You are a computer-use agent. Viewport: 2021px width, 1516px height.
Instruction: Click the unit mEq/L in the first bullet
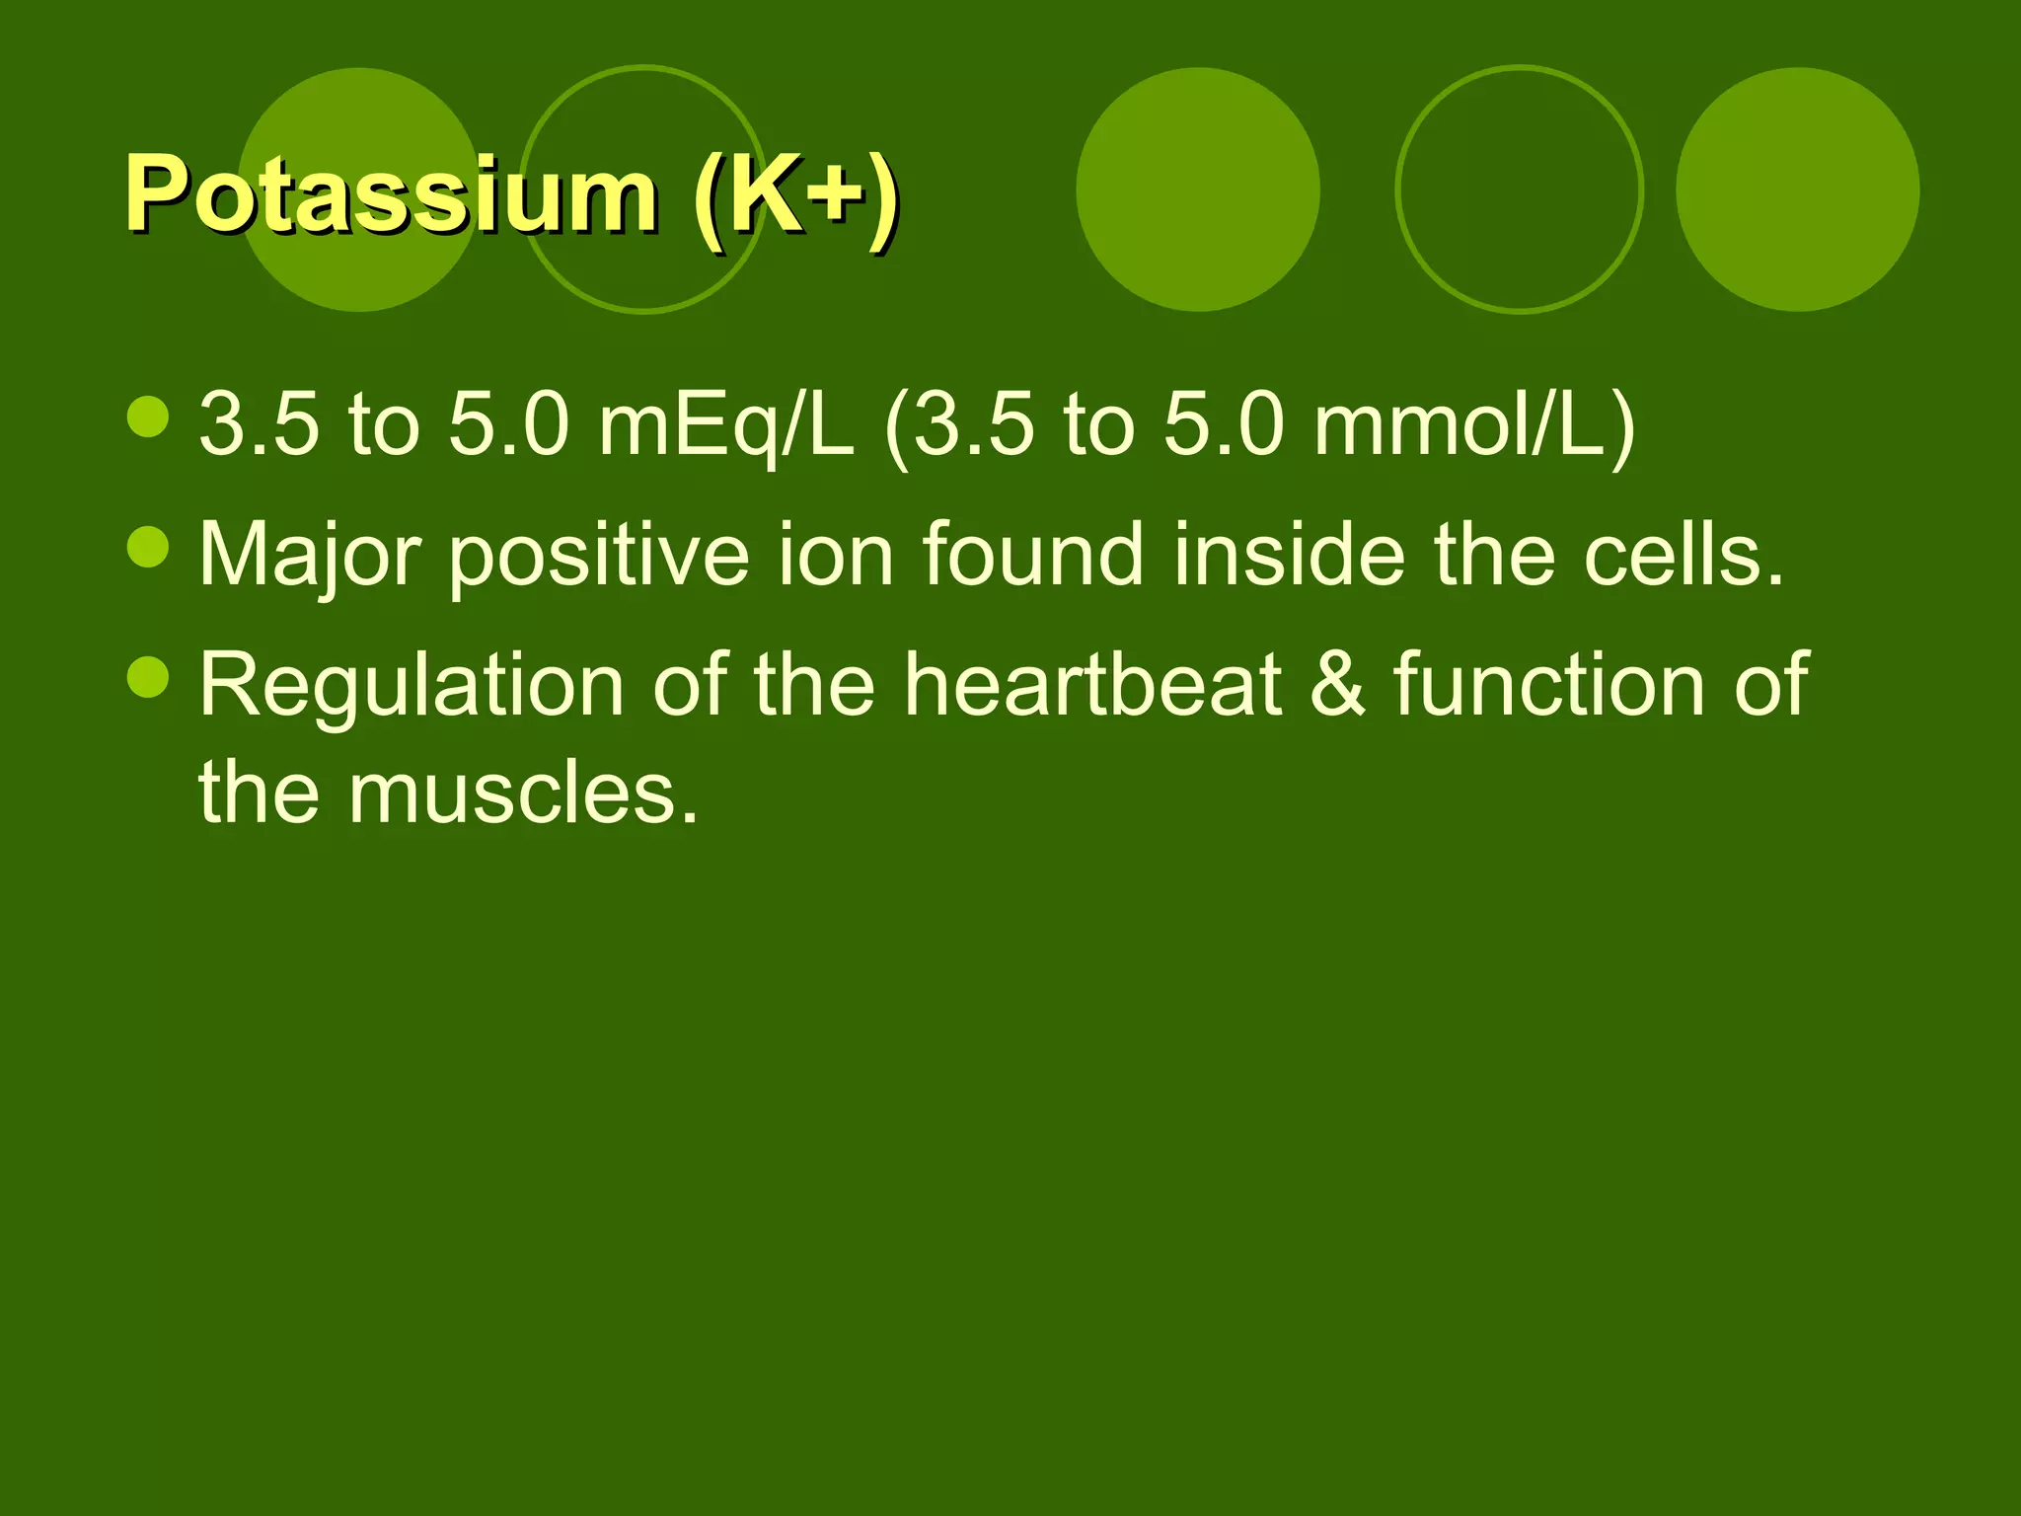725,426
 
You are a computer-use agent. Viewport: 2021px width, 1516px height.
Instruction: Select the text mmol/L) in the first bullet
1474,426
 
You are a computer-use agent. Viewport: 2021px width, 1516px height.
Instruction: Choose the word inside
1289,555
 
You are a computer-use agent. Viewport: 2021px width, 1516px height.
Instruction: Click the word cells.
1684,555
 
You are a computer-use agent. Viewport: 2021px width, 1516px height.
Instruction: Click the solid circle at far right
1797,189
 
